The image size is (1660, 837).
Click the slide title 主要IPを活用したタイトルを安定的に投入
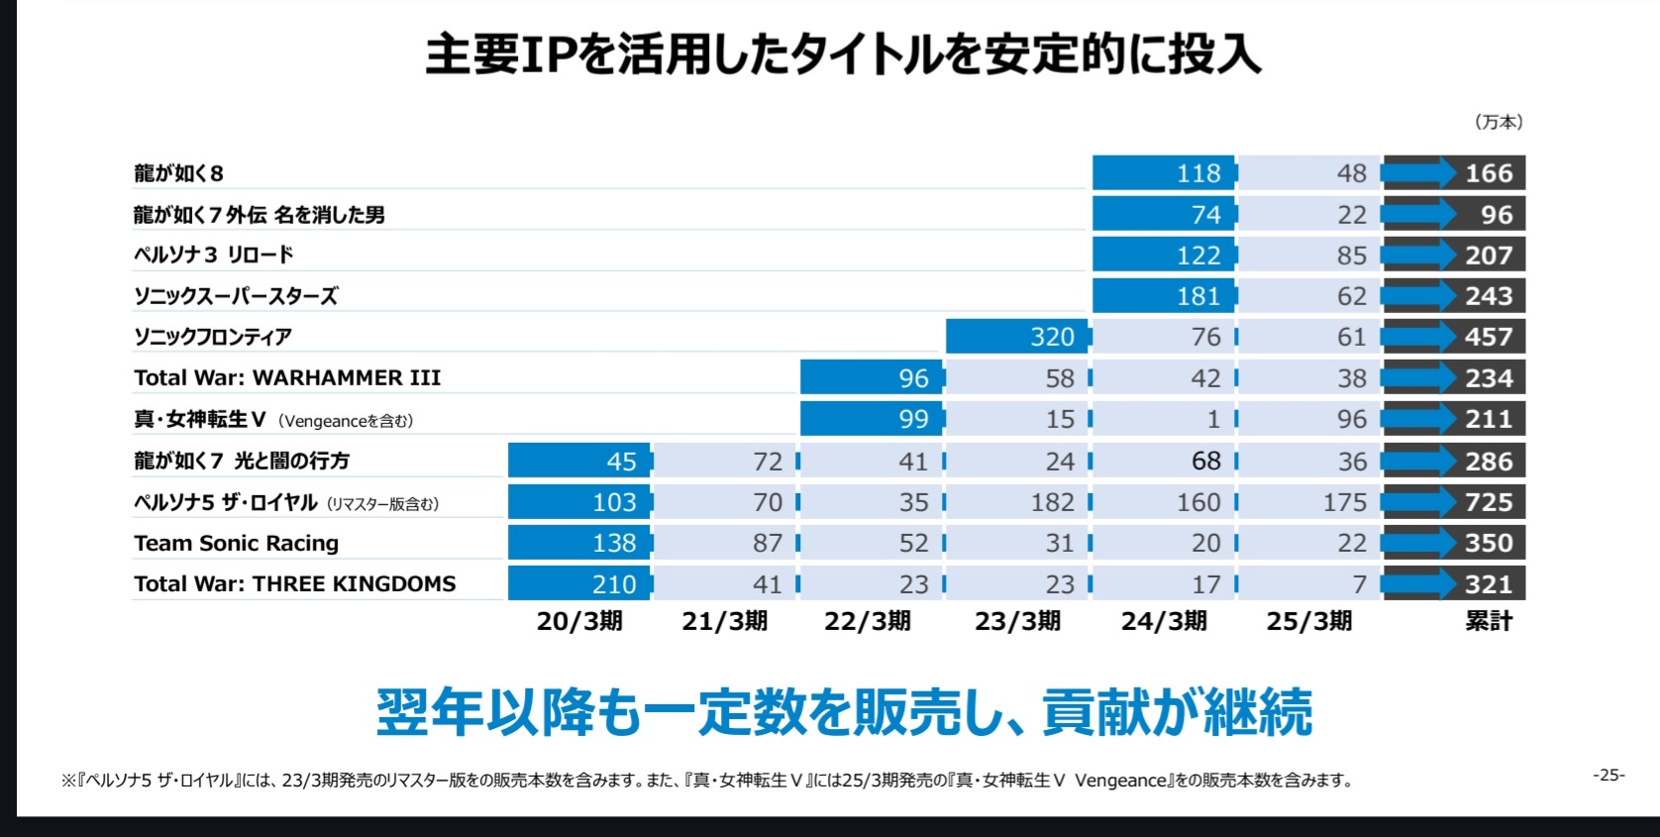(843, 54)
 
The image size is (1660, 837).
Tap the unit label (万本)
(1499, 122)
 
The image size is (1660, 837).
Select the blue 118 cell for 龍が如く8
(1165, 173)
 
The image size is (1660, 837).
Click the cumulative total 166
(1489, 173)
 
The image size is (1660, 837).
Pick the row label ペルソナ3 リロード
(214, 255)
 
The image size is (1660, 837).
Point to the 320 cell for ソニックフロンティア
(1018, 337)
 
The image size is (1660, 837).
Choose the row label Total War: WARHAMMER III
(287, 377)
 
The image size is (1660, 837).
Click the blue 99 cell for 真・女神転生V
(873, 419)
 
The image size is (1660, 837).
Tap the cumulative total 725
(1489, 502)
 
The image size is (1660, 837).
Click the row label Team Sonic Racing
(237, 543)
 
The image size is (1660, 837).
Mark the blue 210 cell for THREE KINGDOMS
(580, 584)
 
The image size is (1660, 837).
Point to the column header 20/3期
(579, 621)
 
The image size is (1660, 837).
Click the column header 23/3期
(1017, 621)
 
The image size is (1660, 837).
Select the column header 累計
(1489, 621)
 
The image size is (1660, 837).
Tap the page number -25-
(1608, 775)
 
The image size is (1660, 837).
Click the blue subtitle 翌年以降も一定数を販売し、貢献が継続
(844, 711)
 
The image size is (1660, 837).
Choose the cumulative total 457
(1489, 337)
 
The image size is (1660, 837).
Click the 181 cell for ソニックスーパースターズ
(1165, 296)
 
